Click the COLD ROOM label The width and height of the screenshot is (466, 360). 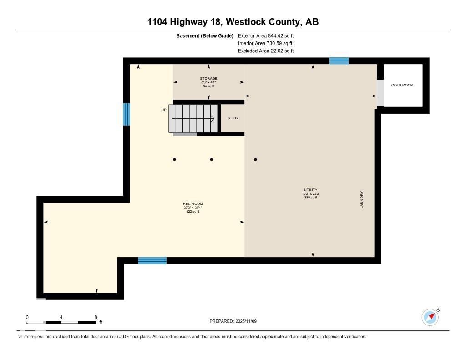pyautogui.click(x=402, y=85)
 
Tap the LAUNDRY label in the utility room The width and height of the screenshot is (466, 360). pyautogui.click(x=362, y=200)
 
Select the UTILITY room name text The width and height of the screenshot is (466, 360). pyautogui.click(x=311, y=190)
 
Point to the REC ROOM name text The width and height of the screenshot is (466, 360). pyautogui.click(x=193, y=203)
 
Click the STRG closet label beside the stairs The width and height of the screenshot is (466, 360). pyautogui.click(x=233, y=118)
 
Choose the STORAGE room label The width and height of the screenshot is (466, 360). pyautogui.click(x=208, y=79)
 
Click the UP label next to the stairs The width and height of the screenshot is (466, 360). pyautogui.click(x=164, y=110)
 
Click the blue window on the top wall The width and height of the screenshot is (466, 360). pyautogui.click(x=339, y=61)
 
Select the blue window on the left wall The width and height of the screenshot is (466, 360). pyautogui.click(x=127, y=114)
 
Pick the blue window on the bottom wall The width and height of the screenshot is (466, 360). pyautogui.click(x=152, y=260)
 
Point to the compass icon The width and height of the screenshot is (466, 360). pyautogui.click(x=430, y=317)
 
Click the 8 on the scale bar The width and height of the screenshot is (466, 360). pyautogui.click(x=96, y=317)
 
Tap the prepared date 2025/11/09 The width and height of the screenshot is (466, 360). pyautogui.click(x=249, y=321)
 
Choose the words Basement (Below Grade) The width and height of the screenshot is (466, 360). pyautogui.click(x=204, y=35)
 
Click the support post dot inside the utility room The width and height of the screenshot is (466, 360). pyautogui.click(x=256, y=159)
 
